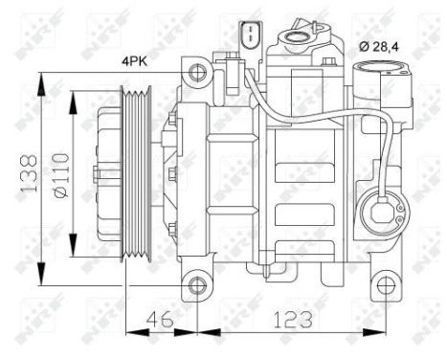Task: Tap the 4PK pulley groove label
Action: tap(135, 63)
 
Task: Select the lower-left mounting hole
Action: tap(197, 284)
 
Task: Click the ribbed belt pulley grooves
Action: tap(133, 177)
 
